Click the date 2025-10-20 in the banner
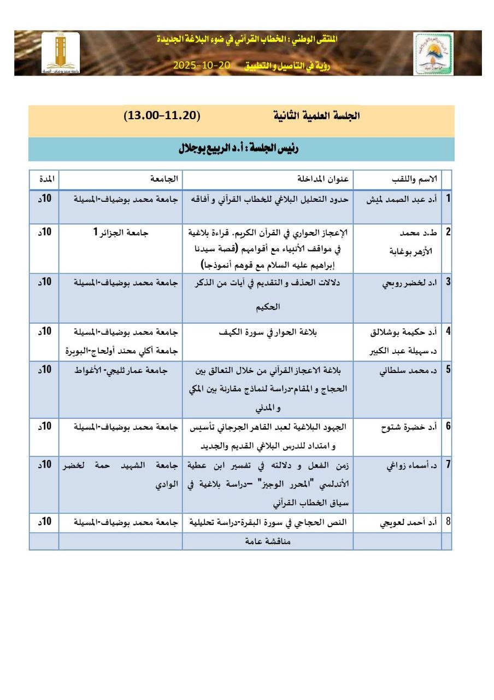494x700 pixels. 202,65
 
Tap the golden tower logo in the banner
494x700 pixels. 61,54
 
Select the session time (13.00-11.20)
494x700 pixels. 162,116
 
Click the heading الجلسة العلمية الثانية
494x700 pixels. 316,116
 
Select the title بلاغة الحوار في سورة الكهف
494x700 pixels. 268,331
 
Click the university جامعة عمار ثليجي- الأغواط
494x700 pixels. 121,370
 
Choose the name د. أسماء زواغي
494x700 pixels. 406,465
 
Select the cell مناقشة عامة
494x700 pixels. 267,541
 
